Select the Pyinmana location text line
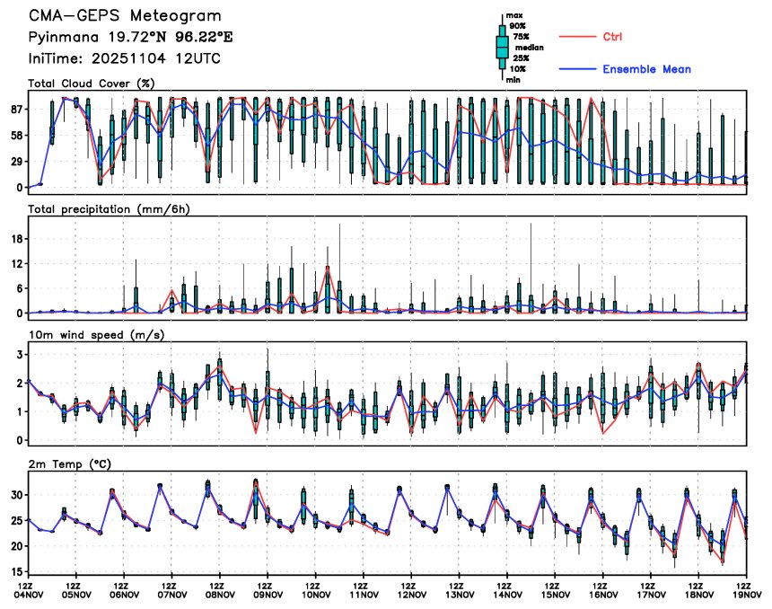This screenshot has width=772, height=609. coord(118,38)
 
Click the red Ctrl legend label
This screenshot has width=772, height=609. coord(612,37)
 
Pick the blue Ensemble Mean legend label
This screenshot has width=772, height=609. coord(646,69)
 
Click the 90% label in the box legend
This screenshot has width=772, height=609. coord(518,26)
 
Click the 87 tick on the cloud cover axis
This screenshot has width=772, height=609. coord(15,109)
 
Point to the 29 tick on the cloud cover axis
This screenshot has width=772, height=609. coord(15,161)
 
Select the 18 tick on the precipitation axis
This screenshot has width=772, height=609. coord(15,238)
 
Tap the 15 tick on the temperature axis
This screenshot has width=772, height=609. coord(15,571)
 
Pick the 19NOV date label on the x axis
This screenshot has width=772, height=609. coord(748,594)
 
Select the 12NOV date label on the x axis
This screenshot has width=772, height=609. coord(411,594)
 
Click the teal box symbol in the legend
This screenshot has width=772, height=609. coord(503,47)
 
